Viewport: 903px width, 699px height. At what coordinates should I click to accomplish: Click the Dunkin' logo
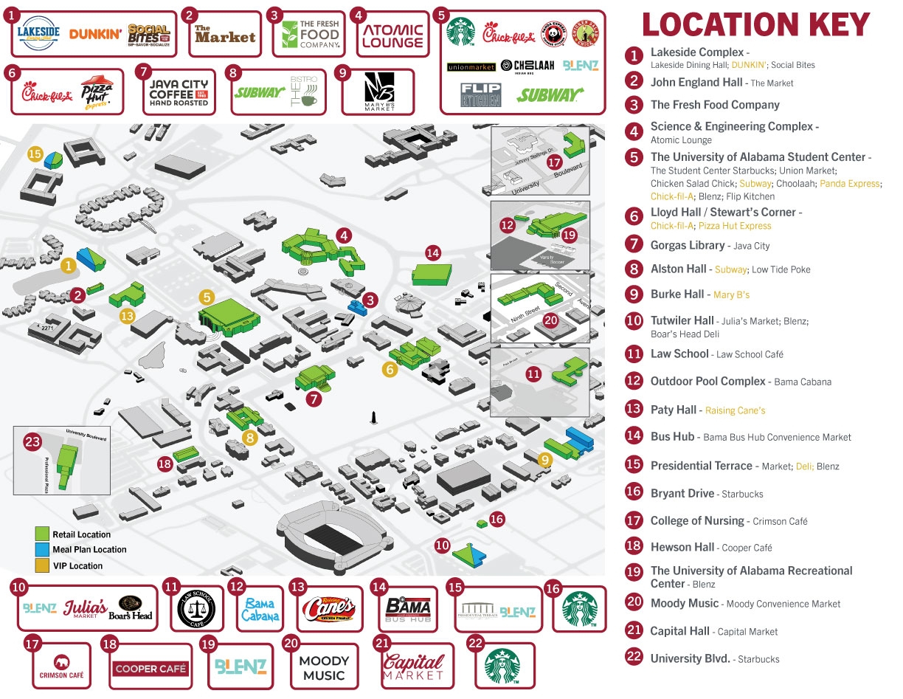pyautogui.click(x=95, y=34)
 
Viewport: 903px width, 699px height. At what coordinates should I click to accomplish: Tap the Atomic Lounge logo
pyautogui.click(x=392, y=35)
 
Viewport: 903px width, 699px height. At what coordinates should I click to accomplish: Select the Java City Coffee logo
pyautogui.click(x=179, y=93)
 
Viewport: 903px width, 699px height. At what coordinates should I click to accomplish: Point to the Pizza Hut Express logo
pyautogui.click(x=97, y=92)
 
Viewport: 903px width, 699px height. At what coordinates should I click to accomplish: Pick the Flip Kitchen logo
pyautogui.click(x=480, y=94)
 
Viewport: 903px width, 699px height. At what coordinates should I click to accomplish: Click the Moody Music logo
pyautogui.click(x=324, y=667)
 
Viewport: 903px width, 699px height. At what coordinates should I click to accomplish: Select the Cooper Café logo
pyautogui.click(x=150, y=669)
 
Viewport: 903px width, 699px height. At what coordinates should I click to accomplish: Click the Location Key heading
pyautogui.click(x=755, y=24)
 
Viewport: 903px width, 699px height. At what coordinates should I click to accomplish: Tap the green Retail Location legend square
pyautogui.click(x=43, y=534)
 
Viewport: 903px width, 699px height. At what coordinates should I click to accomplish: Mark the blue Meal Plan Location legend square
pyautogui.click(x=43, y=550)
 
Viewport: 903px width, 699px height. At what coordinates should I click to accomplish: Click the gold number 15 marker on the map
pyautogui.click(x=35, y=154)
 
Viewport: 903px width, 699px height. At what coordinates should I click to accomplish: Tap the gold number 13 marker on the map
pyautogui.click(x=127, y=316)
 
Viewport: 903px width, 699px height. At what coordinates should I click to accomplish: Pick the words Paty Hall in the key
pyautogui.click(x=673, y=409)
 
